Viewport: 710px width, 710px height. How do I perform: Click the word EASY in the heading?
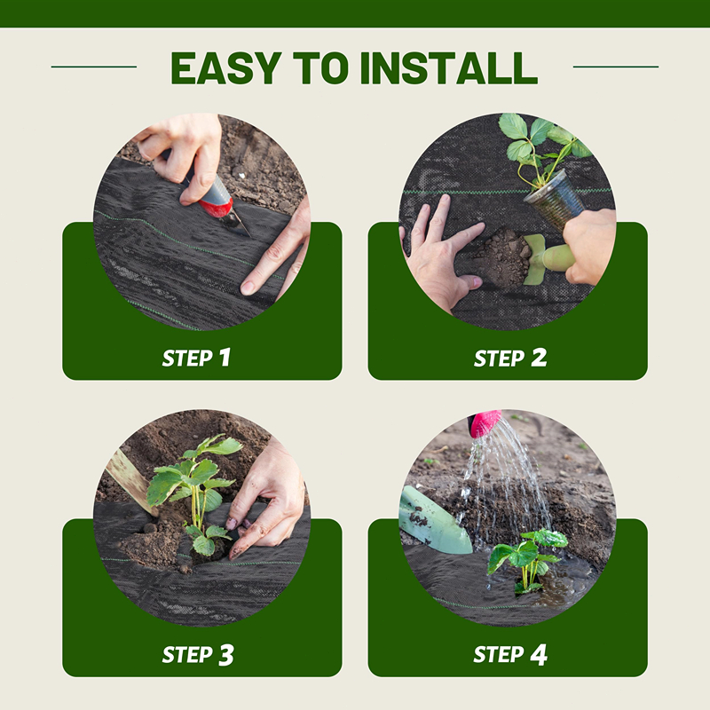(226, 68)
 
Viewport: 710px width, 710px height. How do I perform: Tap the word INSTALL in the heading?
(449, 68)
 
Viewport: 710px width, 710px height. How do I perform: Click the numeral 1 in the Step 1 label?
(225, 357)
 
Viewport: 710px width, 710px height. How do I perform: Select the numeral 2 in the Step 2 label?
(539, 357)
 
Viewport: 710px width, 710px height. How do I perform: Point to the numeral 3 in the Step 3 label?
(226, 655)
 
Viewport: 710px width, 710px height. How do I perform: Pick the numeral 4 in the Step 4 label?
(539, 655)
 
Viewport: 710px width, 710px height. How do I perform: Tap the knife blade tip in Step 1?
(249, 236)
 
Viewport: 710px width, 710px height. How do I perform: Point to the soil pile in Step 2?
(502, 258)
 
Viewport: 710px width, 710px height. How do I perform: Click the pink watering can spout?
(485, 422)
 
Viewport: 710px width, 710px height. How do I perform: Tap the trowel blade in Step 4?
(432, 521)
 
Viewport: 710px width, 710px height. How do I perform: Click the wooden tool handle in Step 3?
(129, 480)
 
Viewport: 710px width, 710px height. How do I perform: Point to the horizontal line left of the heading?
(94, 67)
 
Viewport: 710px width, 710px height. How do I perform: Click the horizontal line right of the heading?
(616, 67)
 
